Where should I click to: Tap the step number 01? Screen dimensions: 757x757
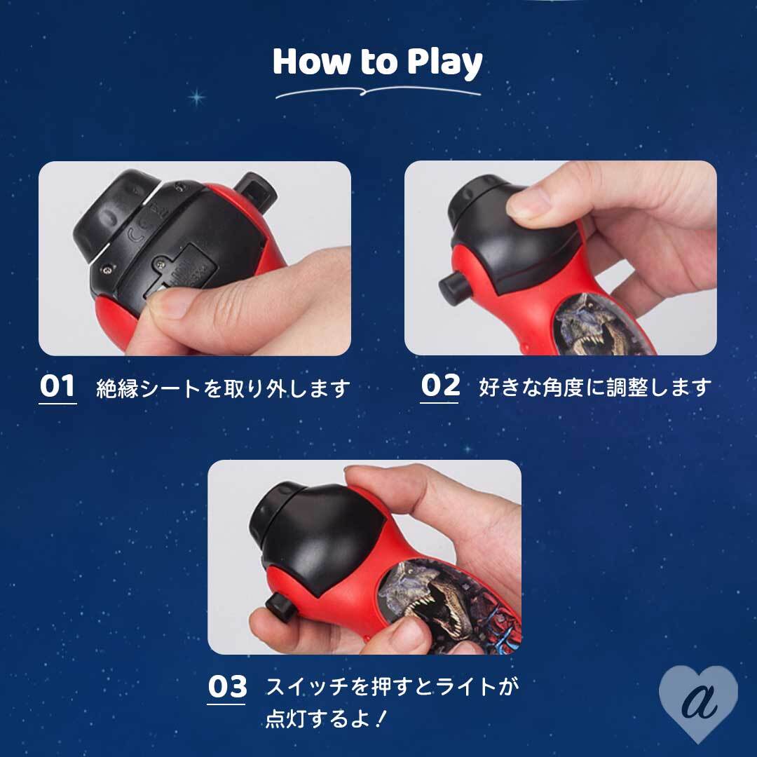[57, 386]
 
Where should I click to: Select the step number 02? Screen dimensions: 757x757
[439, 386]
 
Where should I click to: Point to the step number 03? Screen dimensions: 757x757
[227, 686]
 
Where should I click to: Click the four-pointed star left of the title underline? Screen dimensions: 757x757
[196, 97]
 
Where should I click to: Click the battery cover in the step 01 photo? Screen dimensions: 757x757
[181, 268]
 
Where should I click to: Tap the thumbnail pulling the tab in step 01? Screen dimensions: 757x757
[167, 304]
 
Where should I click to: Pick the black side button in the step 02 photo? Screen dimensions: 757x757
[454, 288]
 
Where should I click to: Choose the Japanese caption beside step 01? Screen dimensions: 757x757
[223, 388]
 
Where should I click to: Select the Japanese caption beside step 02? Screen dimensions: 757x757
[595, 387]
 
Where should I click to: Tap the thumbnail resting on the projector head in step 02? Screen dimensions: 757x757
[528, 202]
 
